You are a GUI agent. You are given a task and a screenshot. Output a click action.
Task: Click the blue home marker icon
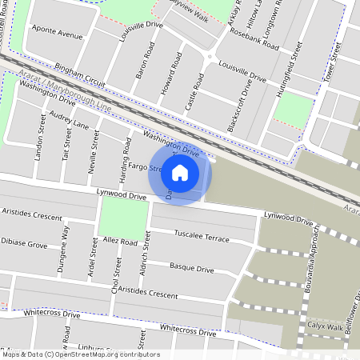pyautogui.click(x=180, y=173)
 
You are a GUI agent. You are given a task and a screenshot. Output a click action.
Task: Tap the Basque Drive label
pyautogui.click(x=191, y=268)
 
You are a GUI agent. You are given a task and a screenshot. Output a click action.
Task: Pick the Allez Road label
pyautogui.click(x=119, y=241)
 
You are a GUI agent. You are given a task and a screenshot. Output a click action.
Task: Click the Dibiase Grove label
pyautogui.click(x=24, y=241)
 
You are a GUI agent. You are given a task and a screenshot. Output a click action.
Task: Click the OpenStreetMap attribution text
pyautogui.click(x=80, y=354)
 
